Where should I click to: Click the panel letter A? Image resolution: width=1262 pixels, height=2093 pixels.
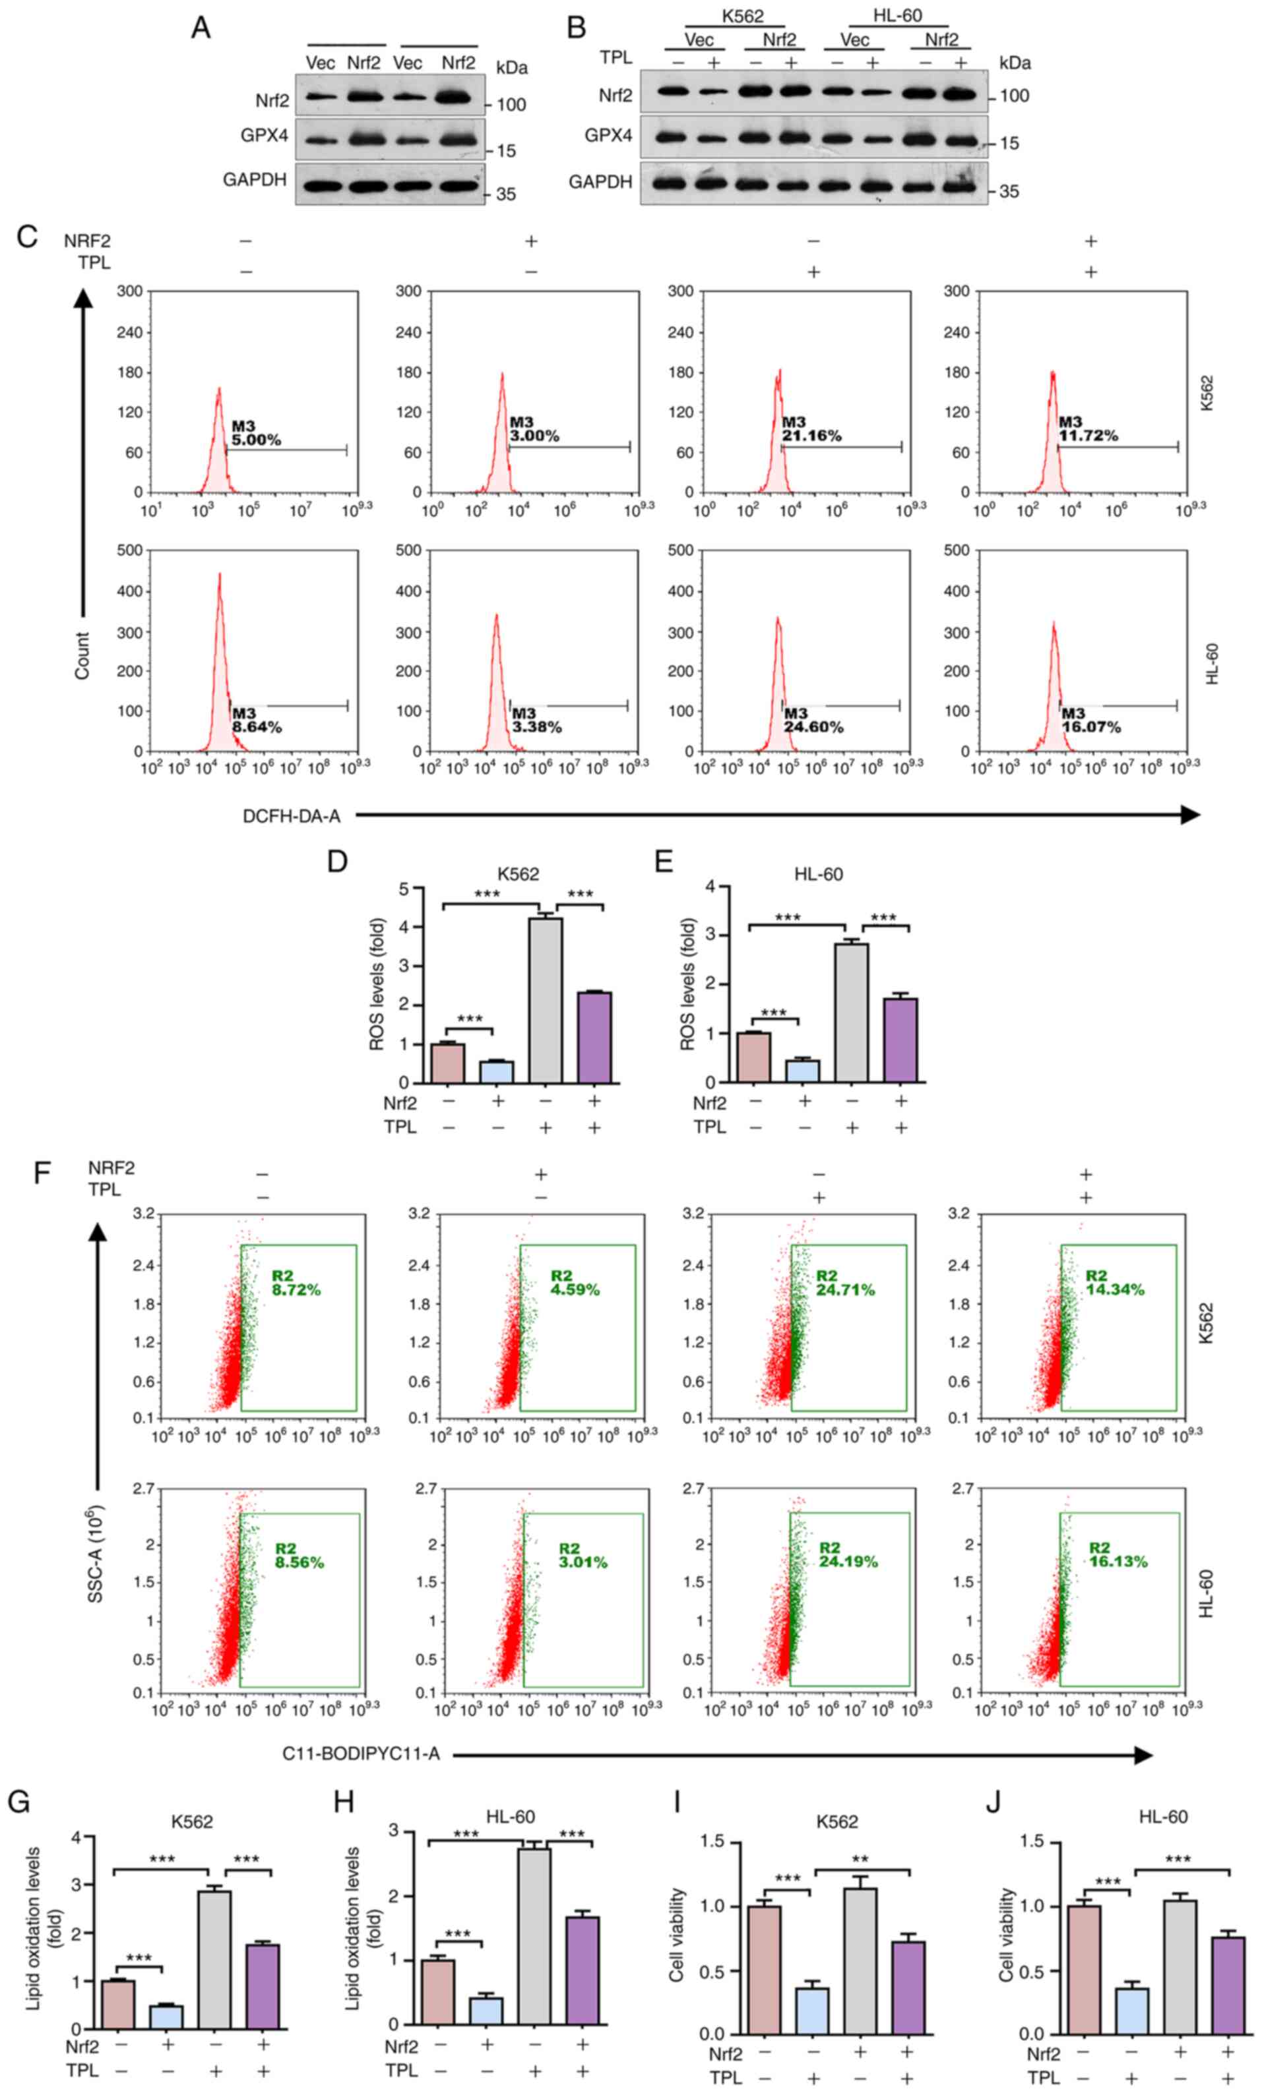201,28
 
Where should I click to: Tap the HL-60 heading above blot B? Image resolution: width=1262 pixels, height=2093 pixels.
897,16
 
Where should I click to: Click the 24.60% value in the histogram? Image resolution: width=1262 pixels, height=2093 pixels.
814,727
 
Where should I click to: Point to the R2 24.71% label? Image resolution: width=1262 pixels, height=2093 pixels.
844,1283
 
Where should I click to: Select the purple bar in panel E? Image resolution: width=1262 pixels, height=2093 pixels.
901,1040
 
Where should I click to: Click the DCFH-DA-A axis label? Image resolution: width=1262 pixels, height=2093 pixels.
292,816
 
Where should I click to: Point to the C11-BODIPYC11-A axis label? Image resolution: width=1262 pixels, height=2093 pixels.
361,1754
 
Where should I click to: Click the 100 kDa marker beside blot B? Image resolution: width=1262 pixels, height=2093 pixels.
1014,96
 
